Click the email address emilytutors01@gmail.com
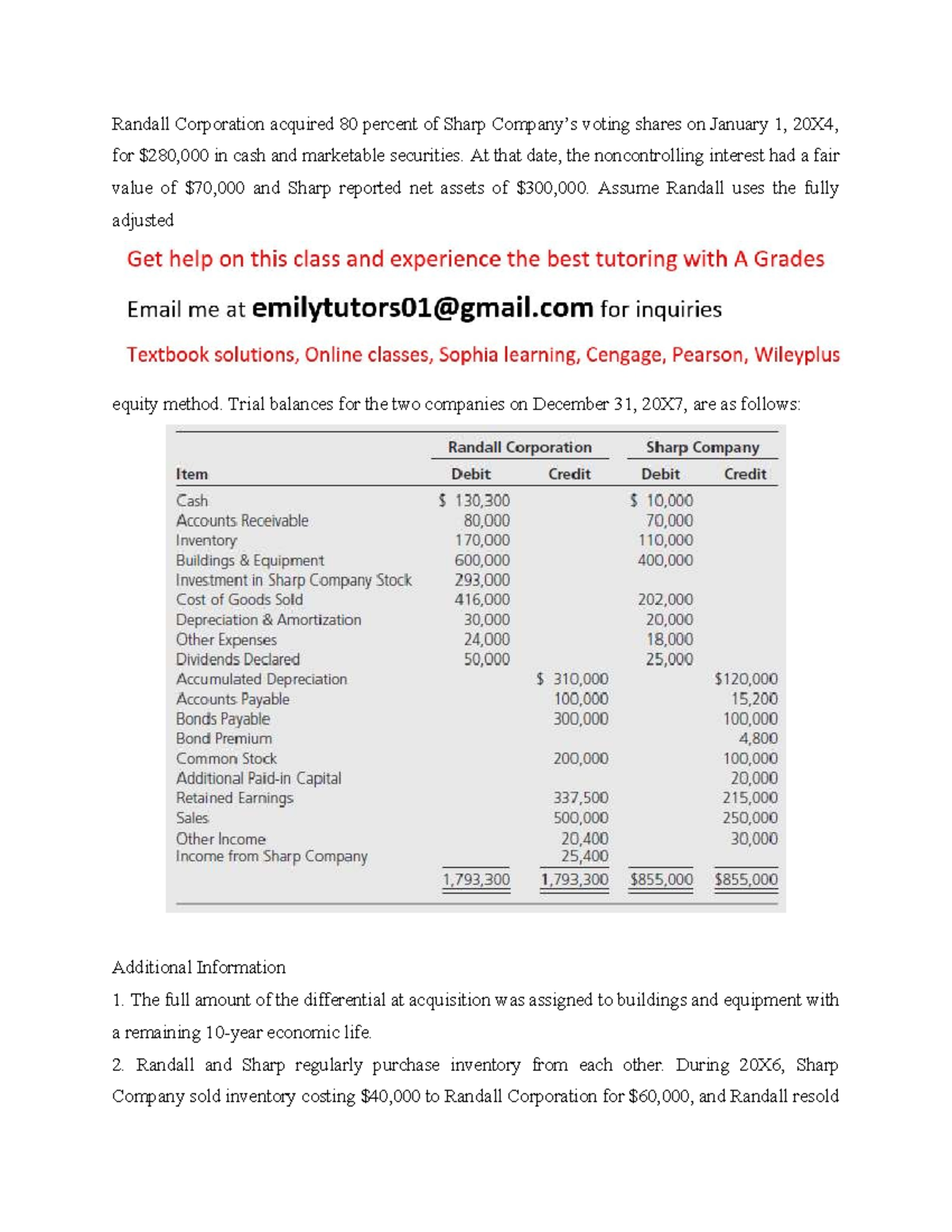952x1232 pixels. [x=422, y=309]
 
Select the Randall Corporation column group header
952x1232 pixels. [x=520, y=447]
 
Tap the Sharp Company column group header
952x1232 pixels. [x=702, y=447]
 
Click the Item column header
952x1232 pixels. [x=192, y=474]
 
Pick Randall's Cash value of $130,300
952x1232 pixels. [x=475, y=501]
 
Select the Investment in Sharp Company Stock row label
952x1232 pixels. [x=294, y=580]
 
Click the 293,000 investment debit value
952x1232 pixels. [x=482, y=580]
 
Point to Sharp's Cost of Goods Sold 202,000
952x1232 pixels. [x=665, y=600]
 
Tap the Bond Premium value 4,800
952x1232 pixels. [x=758, y=739]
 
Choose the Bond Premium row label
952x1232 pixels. [x=224, y=739]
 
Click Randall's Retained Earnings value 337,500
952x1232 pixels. [x=581, y=798]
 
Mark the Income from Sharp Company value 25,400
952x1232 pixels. [x=585, y=857]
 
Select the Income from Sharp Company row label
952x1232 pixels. [x=271, y=857]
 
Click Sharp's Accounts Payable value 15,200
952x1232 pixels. [x=754, y=699]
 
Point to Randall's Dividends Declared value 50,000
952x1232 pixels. [x=486, y=659]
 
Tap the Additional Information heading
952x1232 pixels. [x=198, y=967]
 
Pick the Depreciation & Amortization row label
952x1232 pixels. [x=268, y=620]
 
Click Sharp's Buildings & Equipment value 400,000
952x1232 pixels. [x=665, y=560]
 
